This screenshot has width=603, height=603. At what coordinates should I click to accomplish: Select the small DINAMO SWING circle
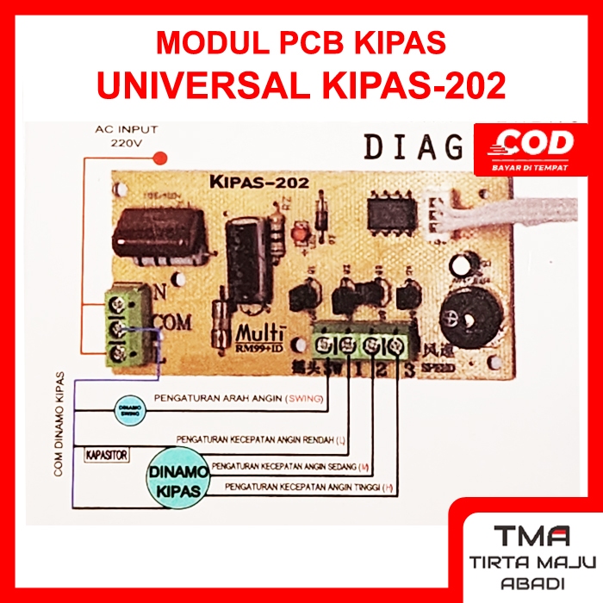tap(129, 407)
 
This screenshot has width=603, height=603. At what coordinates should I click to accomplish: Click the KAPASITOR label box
tap(107, 453)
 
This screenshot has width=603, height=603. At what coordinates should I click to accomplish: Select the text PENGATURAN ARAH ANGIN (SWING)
tap(238, 399)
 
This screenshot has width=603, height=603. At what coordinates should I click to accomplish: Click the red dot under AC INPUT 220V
tap(159, 159)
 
